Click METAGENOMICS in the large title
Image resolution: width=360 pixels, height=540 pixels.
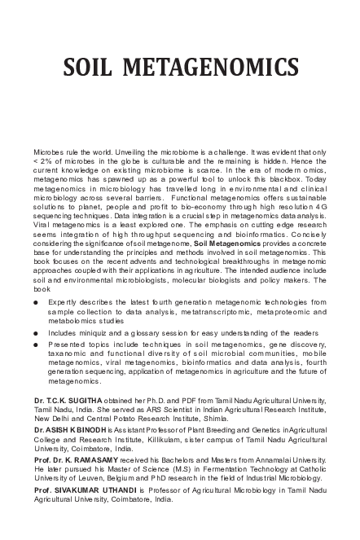tap(211, 66)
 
